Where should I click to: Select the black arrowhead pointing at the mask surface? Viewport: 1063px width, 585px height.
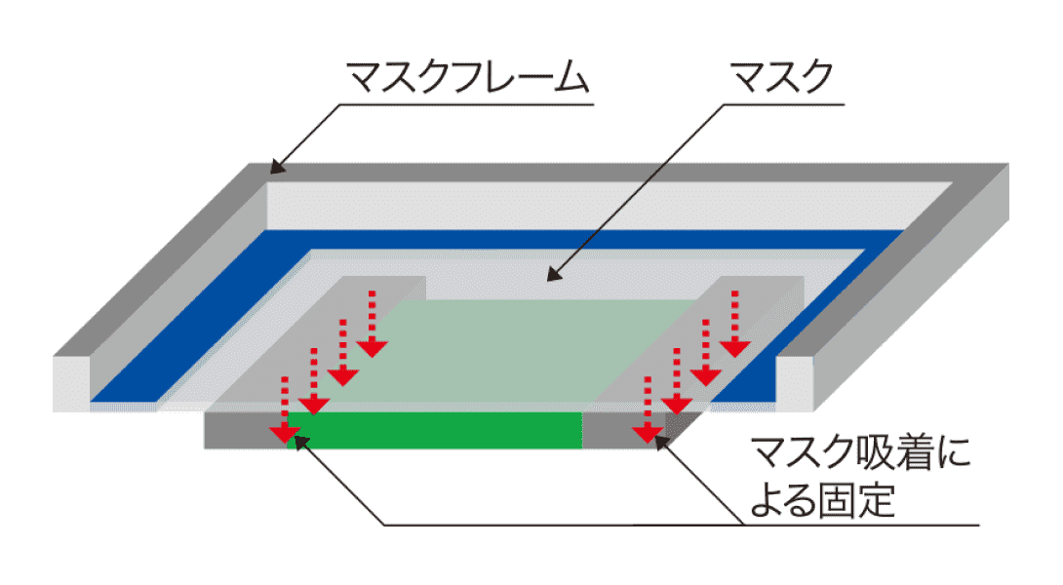click(x=554, y=275)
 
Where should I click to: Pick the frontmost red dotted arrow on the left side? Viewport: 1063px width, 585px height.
click(x=284, y=409)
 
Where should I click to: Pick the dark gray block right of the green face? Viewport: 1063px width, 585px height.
click(x=624, y=430)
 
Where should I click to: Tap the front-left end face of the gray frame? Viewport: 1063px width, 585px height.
click(x=73, y=380)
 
